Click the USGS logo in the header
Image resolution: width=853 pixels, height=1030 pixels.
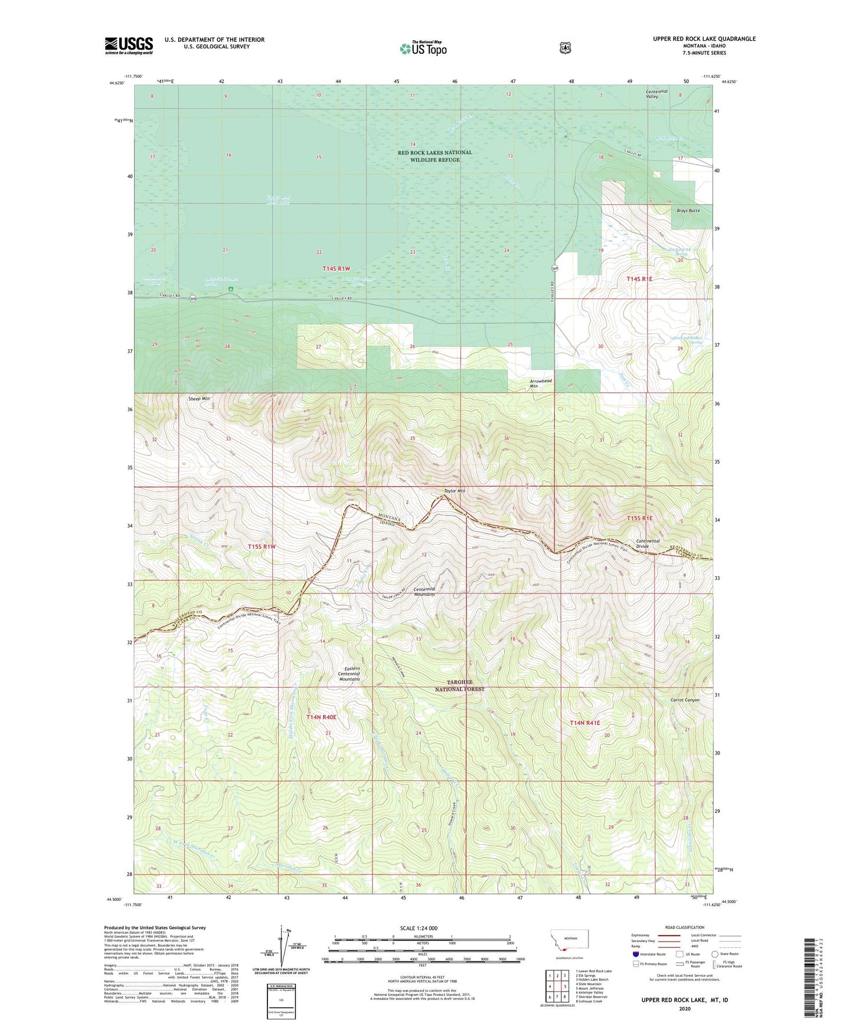click(129, 45)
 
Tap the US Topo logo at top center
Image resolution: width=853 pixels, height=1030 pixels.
click(422, 48)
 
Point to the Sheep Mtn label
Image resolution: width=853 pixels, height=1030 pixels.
click(199, 399)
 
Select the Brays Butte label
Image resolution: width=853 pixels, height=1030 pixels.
click(685, 211)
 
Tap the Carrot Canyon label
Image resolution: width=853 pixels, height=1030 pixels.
click(685, 700)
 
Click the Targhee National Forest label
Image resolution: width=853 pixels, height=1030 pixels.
click(460, 685)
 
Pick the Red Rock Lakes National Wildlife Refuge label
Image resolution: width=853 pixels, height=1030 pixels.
click(434, 156)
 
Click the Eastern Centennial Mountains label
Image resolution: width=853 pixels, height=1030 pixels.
click(348, 674)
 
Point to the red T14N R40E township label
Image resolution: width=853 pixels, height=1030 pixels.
click(321, 717)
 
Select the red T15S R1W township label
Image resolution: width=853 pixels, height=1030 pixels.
click(262, 546)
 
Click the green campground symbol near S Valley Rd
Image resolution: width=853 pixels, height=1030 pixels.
click(231, 289)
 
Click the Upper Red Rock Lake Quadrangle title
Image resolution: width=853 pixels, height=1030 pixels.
click(704, 39)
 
